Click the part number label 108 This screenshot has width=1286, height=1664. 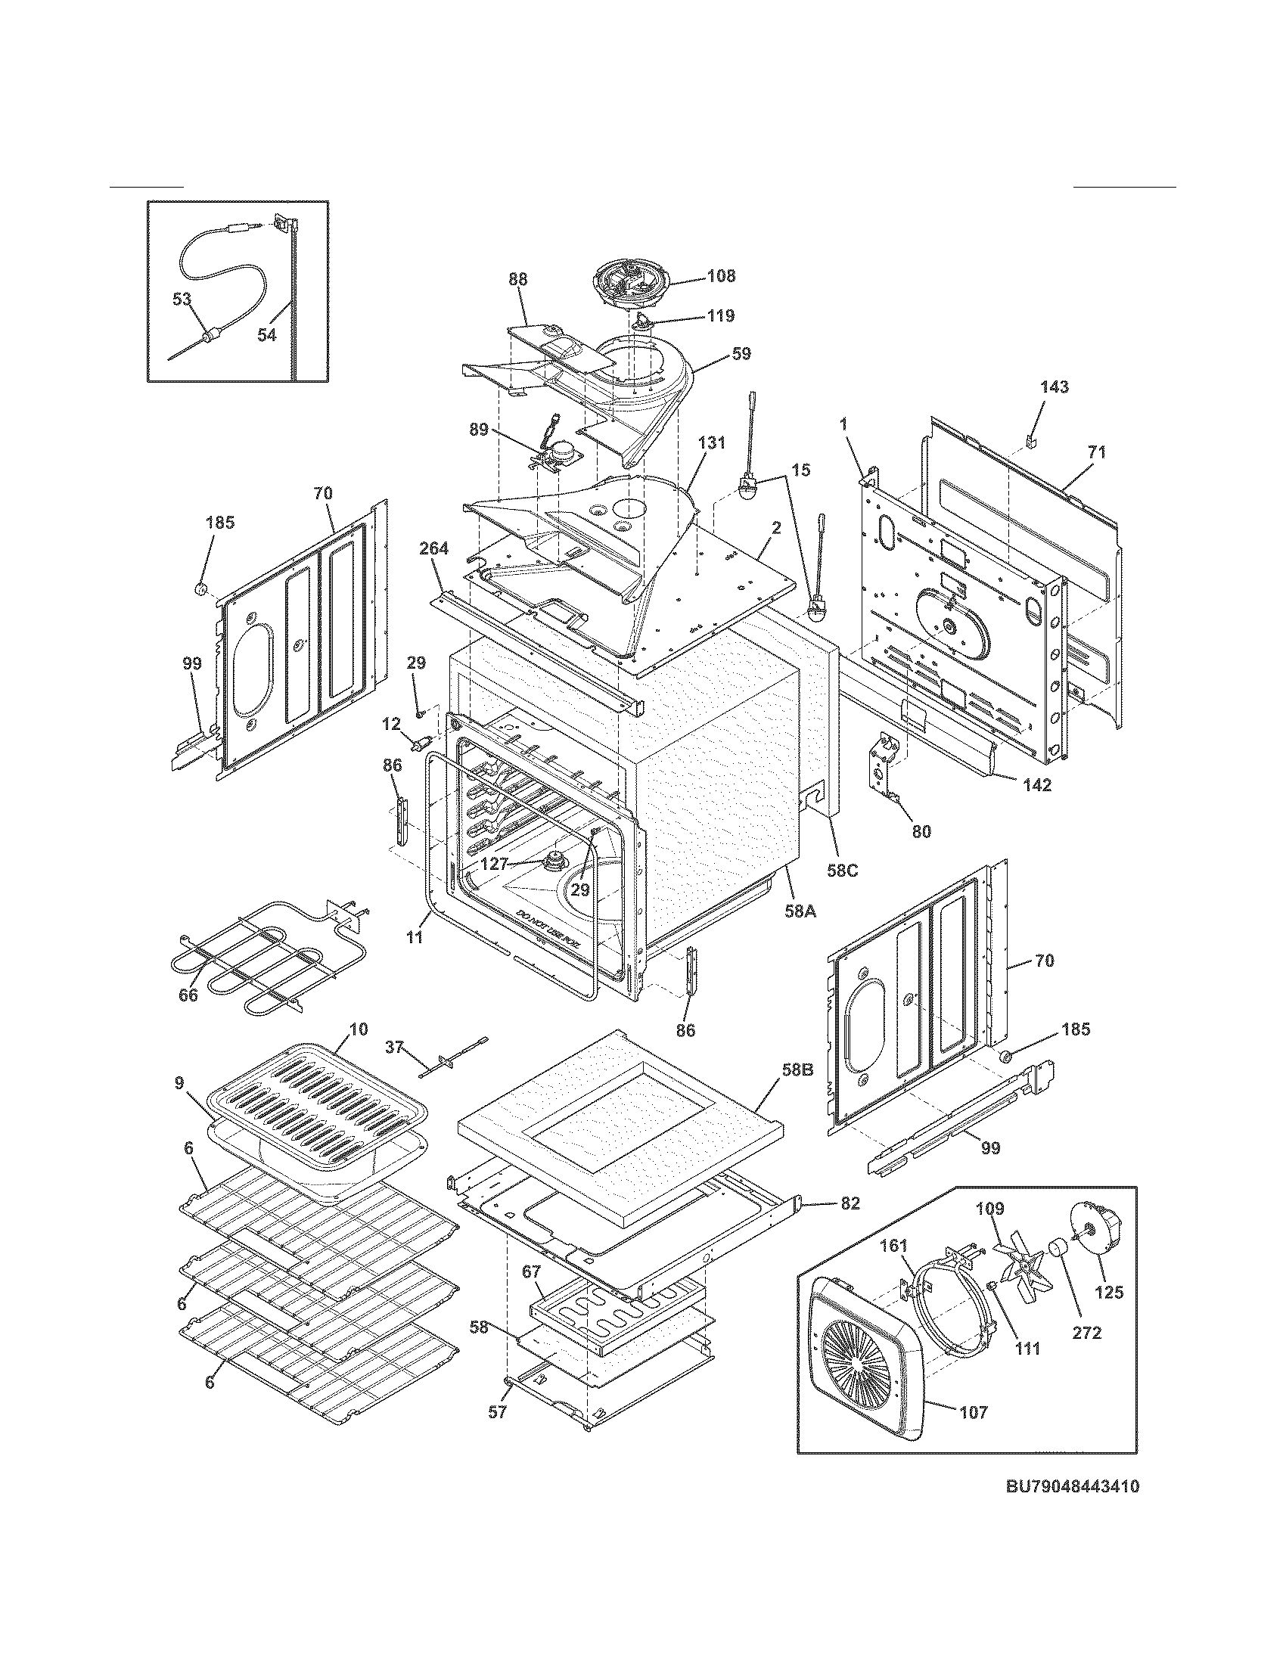click(x=720, y=276)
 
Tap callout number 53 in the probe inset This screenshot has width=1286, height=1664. click(x=182, y=300)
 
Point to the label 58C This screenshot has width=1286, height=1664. click(x=843, y=870)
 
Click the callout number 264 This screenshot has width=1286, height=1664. click(x=434, y=548)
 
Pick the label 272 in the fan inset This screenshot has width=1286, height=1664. click(x=1087, y=1333)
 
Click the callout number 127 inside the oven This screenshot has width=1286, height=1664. click(x=494, y=865)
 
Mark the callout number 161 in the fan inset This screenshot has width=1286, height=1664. click(x=893, y=1246)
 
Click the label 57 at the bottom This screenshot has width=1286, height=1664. click(x=497, y=1413)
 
